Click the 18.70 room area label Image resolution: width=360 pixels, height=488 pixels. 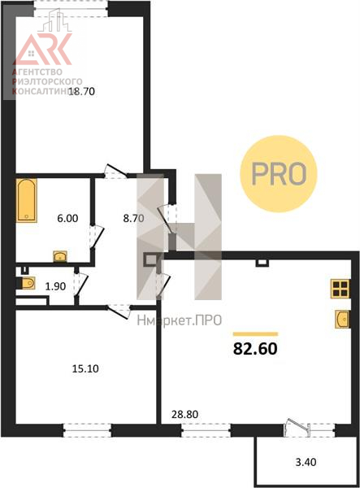pos(81,91)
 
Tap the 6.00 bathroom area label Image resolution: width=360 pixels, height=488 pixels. pos(67,218)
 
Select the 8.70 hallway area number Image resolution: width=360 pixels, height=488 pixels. pos(133,218)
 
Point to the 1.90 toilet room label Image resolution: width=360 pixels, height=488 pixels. pos(55,286)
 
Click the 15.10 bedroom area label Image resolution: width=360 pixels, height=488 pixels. pos(85,368)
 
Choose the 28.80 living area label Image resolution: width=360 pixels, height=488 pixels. pos(185,414)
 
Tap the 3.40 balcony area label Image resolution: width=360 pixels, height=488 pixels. pos(306,462)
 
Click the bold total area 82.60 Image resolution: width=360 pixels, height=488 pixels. pos(255,349)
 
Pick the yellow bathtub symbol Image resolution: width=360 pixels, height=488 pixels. pos(27,200)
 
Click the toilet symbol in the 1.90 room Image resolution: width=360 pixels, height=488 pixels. pos(27,283)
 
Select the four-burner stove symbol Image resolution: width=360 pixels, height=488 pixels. pos(340,289)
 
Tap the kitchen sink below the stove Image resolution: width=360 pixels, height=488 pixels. pos(343,319)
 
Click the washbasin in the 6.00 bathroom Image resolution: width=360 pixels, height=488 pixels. pos(60,256)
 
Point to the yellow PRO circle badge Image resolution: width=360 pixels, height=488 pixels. pos(279,174)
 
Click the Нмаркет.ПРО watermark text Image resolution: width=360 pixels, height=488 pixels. pos(180,320)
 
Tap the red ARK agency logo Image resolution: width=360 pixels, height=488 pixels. pos(43,49)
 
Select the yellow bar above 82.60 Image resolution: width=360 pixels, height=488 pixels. pos(255,334)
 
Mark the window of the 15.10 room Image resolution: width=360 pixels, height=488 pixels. pos(87,430)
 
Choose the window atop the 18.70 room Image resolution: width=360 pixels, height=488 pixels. pos(72,9)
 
